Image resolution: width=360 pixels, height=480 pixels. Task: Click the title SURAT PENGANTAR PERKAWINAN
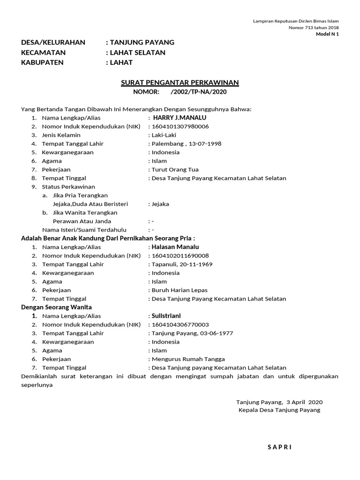[x=180, y=83]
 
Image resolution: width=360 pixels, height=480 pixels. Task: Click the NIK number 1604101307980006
[x=180, y=127]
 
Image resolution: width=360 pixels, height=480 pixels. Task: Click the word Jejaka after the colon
[x=160, y=204]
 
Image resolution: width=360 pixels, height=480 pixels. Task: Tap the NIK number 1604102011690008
[x=180, y=255]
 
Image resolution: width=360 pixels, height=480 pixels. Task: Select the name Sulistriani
[x=166, y=316]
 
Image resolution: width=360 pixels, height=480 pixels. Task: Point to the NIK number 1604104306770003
[x=180, y=324]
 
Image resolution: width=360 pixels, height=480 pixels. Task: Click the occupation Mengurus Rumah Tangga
[x=188, y=359]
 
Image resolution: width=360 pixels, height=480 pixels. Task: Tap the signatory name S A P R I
[x=279, y=447]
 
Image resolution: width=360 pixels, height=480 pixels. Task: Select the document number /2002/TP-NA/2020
[x=199, y=92]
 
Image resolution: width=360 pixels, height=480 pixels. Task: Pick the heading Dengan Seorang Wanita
[x=56, y=307]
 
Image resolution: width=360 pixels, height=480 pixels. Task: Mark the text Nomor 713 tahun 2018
[x=314, y=28]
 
